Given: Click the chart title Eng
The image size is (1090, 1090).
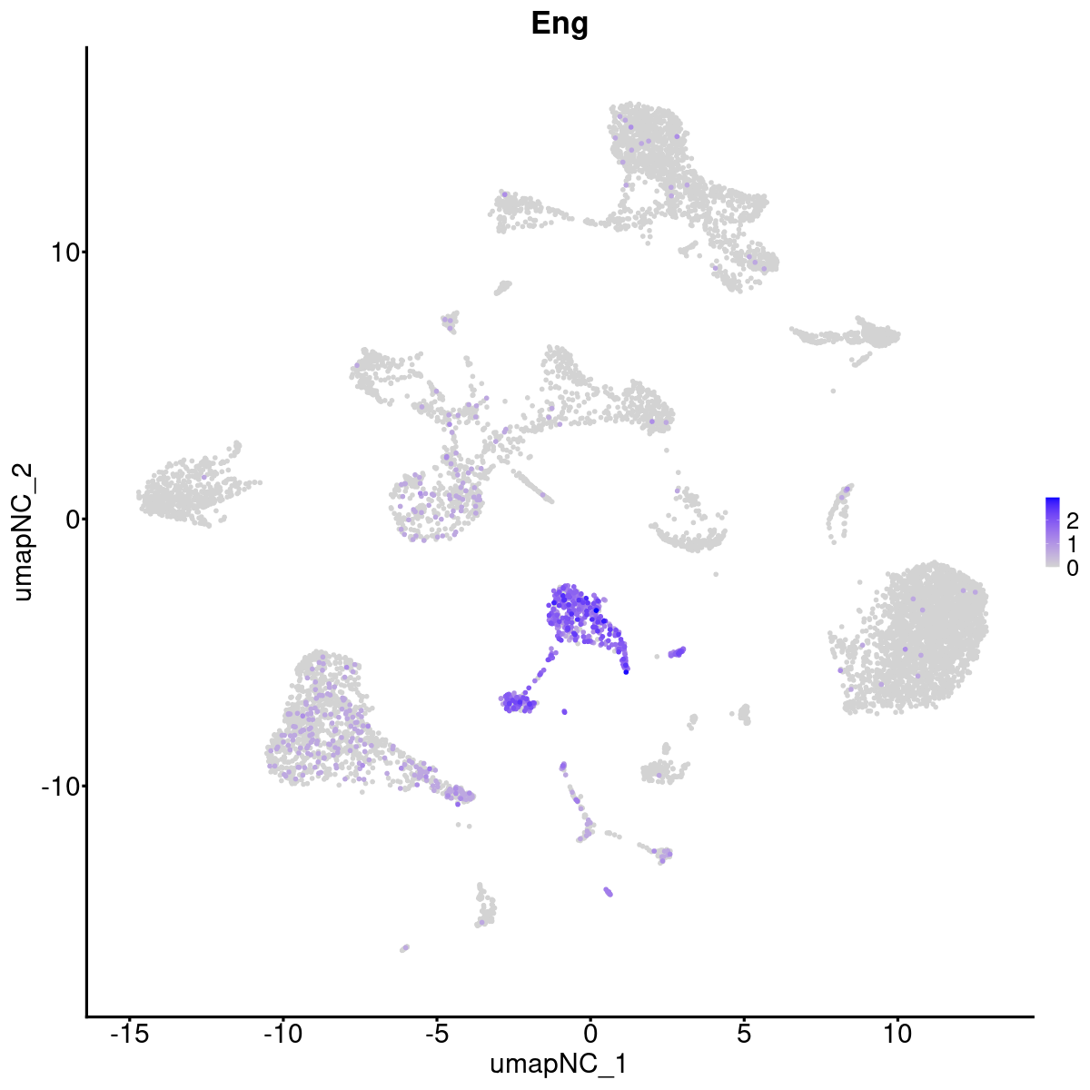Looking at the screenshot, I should (x=560, y=25).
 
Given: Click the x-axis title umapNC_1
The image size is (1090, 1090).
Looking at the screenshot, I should (x=559, y=1064).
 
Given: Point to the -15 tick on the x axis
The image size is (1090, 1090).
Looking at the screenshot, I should (x=129, y=1034).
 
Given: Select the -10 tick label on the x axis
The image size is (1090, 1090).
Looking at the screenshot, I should (x=282, y=1034).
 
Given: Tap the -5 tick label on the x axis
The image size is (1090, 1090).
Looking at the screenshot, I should (x=436, y=1034).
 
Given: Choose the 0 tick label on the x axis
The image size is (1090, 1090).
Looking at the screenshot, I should (x=590, y=1034).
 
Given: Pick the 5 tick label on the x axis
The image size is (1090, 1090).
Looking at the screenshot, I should (x=744, y=1034).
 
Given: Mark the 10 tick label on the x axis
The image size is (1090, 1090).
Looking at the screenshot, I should (x=897, y=1034).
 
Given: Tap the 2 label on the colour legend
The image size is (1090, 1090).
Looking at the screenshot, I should (x=1073, y=520).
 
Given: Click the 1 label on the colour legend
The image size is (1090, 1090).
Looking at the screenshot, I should (x=1073, y=544).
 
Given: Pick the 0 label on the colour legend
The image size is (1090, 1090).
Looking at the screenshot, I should (x=1073, y=568).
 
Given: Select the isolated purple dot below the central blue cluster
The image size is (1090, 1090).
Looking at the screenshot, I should (x=564, y=711).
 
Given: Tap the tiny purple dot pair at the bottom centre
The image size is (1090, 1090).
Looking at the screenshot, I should (x=608, y=892).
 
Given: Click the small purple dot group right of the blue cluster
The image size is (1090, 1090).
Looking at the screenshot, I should (x=677, y=651).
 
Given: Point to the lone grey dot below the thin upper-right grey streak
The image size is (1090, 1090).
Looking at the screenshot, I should (x=833, y=391).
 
